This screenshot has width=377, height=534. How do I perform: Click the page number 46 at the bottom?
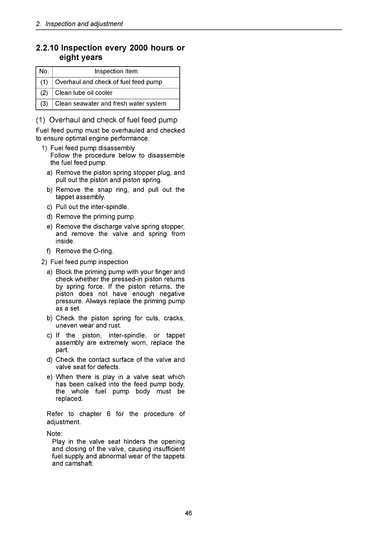click(188, 513)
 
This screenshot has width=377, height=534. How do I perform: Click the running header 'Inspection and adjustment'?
click(84, 24)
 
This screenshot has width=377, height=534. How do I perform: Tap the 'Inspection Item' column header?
click(116, 71)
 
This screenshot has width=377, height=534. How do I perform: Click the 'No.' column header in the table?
click(44, 71)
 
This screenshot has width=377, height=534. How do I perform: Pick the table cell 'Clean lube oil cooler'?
click(84, 93)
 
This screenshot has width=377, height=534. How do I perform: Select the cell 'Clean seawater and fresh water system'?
click(110, 104)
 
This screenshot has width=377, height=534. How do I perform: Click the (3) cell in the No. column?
click(44, 104)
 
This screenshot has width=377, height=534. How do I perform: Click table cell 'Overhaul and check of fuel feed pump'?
click(109, 82)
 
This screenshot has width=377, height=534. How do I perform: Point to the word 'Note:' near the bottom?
click(55, 434)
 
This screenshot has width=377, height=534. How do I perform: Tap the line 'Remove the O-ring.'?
click(84, 251)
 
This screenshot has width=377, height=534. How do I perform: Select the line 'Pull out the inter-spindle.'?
click(92, 207)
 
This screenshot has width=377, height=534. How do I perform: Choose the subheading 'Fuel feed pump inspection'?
click(89, 262)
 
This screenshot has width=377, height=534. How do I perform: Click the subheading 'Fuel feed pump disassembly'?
click(92, 148)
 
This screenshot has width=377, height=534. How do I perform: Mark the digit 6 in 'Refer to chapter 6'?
click(109, 414)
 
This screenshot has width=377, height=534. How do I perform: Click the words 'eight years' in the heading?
click(80, 58)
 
